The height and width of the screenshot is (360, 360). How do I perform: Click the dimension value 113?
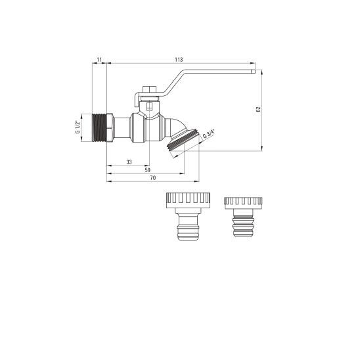pyautogui.click(x=179, y=60)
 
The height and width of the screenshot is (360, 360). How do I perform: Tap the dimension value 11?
pyautogui.click(x=99, y=60)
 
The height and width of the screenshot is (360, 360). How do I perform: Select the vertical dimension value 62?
pyautogui.click(x=259, y=109)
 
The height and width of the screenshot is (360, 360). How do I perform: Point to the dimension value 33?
pyautogui.click(x=129, y=162)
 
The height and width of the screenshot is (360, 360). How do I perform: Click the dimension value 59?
pyautogui.click(x=148, y=170)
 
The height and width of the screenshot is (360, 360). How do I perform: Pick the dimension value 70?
pyautogui.click(x=153, y=178)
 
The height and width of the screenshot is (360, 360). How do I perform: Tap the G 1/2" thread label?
pyautogui.click(x=78, y=127)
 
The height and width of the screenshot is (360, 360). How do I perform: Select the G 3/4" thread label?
pyautogui.click(x=208, y=134)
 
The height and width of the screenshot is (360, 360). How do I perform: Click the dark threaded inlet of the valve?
pyautogui.click(x=99, y=127)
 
